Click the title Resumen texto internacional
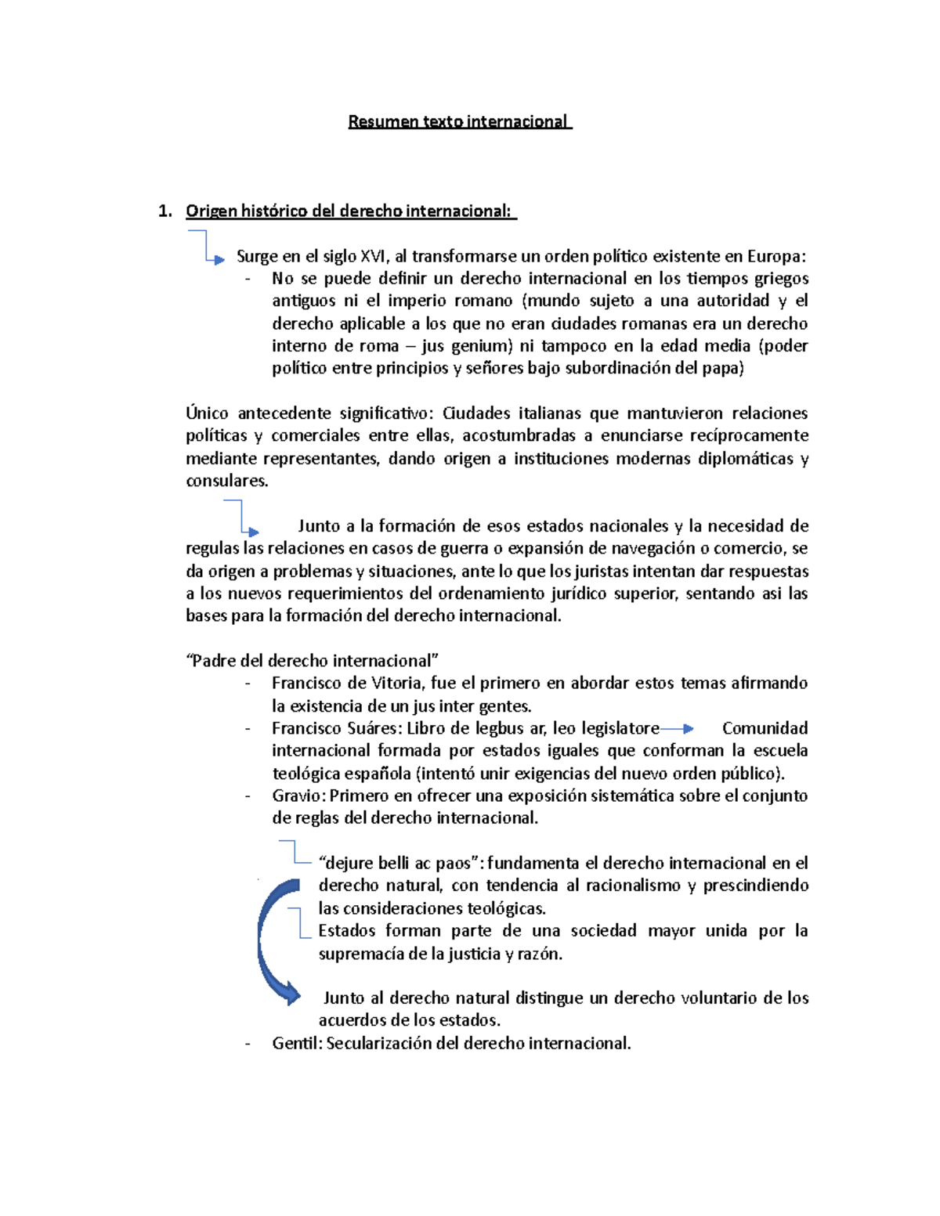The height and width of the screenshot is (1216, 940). tap(459, 121)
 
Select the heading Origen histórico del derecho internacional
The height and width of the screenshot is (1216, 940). tap(349, 211)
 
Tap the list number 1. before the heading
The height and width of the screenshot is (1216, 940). tap(164, 211)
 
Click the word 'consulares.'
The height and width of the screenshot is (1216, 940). tap(226, 481)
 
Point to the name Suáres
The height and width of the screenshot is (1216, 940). tap(374, 728)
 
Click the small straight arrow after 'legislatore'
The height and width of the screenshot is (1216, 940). tap(677, 728)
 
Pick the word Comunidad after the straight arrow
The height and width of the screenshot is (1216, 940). tap(765, 728)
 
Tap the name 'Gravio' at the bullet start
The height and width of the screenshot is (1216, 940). tap(298, 796)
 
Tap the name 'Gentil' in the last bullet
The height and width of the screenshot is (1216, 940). tap(296, 1043)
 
